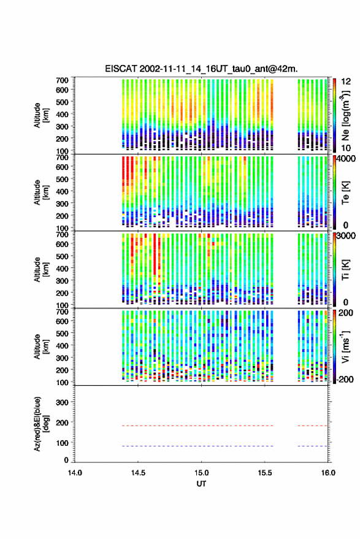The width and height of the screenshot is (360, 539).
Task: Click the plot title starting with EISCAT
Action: pos(202,69)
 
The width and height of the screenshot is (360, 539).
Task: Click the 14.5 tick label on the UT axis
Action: pos(138,473)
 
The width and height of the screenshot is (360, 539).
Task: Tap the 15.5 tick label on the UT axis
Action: pos(265,473)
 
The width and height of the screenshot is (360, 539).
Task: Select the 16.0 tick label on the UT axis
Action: pos(328,473)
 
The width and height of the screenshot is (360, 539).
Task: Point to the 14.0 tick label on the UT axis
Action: pos(75,473)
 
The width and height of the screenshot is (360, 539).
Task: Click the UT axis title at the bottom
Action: pos(201,484)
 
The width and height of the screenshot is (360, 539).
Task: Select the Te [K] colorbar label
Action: pos(345,193)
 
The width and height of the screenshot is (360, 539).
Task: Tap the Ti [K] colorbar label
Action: pos(345,270)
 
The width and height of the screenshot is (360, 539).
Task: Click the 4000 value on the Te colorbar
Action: pos(347,158)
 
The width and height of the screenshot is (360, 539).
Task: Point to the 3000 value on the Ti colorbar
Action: pos(347,235)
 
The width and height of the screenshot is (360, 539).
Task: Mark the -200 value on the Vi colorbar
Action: pos(345,379)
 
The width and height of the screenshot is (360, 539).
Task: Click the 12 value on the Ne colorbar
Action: pos(346,82)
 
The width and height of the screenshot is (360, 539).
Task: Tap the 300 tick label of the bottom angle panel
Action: pos(62,402)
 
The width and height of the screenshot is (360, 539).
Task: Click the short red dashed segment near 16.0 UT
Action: pos(313,426)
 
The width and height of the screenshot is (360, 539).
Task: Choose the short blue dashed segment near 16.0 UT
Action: pos(313,446)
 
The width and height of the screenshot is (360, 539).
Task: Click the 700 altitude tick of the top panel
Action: pos(62,80)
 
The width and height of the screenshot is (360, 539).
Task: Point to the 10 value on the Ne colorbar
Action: pos(346,148)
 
